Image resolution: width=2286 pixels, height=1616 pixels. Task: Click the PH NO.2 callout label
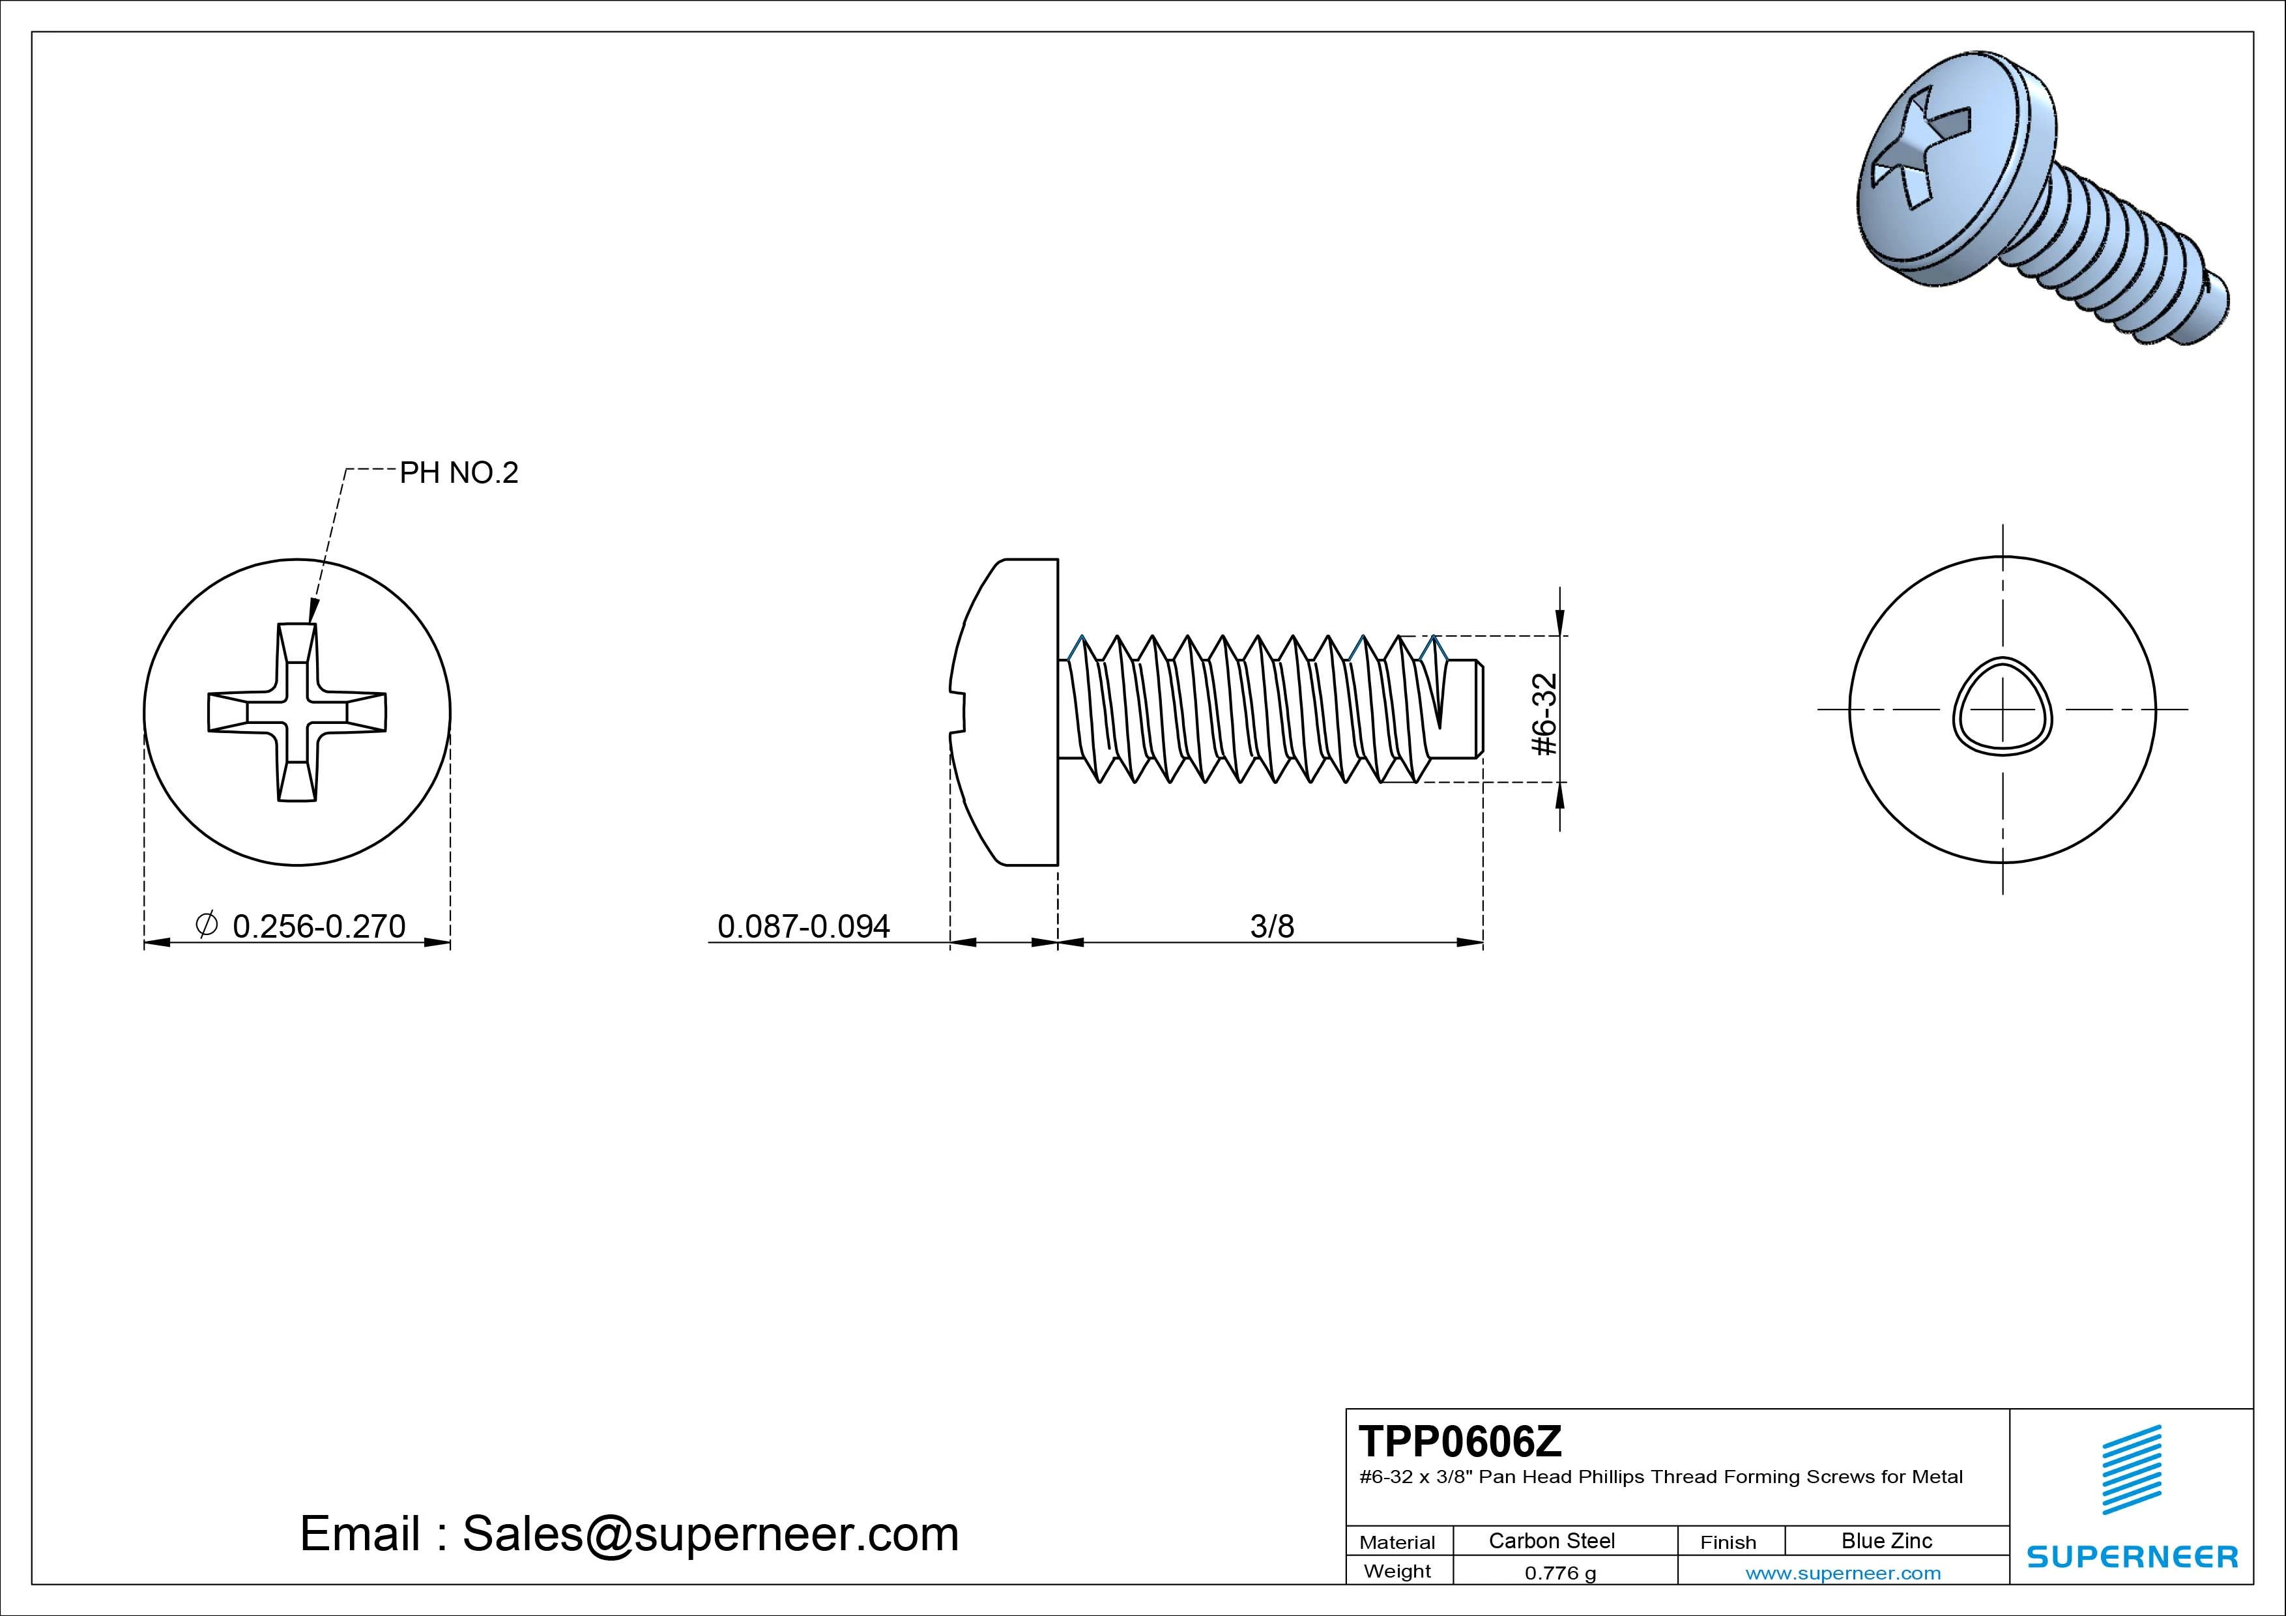coord(459,473)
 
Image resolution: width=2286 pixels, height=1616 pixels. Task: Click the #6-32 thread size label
coord(1544,714)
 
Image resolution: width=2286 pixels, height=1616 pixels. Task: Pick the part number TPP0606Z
coord(1460,1441)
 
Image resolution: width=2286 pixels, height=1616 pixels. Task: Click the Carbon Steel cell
coord(1551,1540)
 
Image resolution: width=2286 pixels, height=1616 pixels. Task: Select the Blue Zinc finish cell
coord(1886,1540)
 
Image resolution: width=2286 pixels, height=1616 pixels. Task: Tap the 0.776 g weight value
coord(1560,1573)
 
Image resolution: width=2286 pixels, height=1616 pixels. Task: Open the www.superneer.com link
coord(1843,1573)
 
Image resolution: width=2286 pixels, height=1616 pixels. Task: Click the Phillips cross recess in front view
coord(297,712)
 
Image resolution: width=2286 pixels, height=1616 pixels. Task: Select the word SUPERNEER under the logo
coord(2132,1556)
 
